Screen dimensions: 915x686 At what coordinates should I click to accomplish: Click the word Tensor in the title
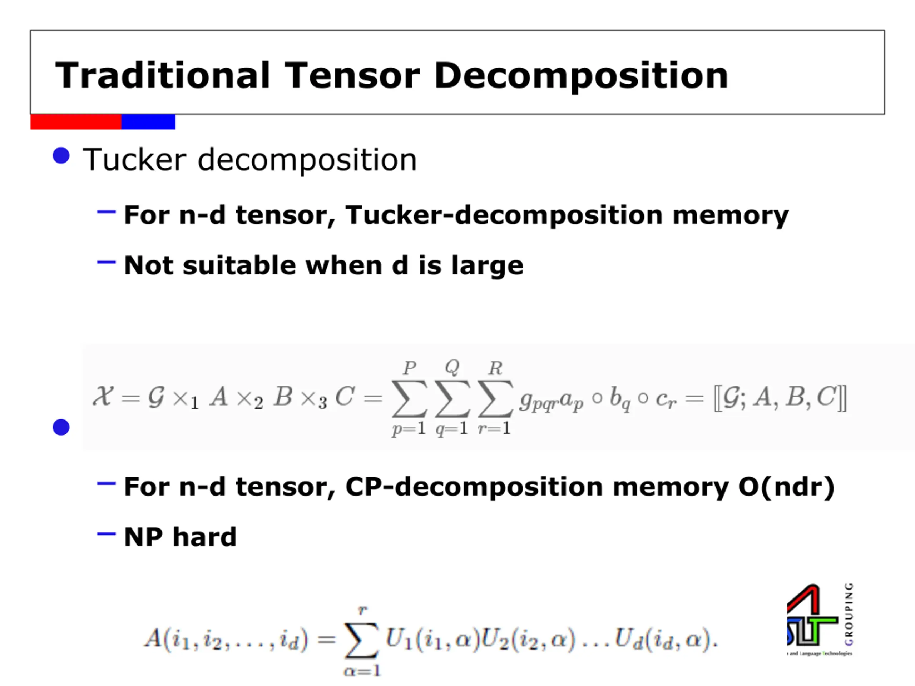[352, 75]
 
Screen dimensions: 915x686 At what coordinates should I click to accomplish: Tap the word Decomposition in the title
[581, 76]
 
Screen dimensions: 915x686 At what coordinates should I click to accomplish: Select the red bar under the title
[76, 122]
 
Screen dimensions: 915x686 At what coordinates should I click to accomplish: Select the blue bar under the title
[148, 122]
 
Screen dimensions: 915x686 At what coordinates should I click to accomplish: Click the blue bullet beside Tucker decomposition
[61, 156]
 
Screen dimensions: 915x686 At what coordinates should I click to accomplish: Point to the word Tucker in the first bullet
[134, 160]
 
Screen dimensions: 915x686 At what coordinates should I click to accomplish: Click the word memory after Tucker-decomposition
[730, 215]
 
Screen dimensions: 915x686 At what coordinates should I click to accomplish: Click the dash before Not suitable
[106, 262]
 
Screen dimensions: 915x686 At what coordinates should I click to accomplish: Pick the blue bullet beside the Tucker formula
[61, 427]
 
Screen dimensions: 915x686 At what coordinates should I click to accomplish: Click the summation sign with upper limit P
[409, 398]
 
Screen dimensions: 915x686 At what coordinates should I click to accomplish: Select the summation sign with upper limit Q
[452, 398]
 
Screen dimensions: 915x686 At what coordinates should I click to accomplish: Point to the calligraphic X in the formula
[103, 396]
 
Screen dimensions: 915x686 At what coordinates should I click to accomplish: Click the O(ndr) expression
[786, 487]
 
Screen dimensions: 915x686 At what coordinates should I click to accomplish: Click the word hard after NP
[204, 537]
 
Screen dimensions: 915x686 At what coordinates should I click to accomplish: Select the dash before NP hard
[106, 534]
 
